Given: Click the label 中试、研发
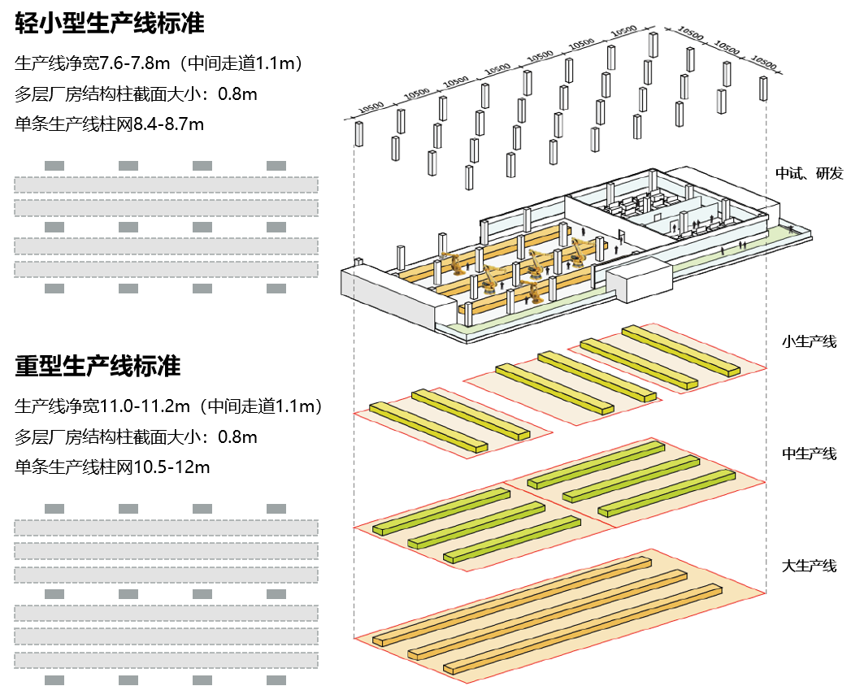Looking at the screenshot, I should click(809, 173).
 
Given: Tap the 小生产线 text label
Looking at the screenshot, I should click(809, 341).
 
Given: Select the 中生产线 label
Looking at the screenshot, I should click(809, 454).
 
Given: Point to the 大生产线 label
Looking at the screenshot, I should click(809, 566).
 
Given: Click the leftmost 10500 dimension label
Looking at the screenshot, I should click(371, 106).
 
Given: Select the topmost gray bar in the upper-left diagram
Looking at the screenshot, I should click(166, 185).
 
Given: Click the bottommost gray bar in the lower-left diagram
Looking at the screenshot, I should click(166, 660).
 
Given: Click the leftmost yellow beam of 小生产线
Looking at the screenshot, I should click(428, 427).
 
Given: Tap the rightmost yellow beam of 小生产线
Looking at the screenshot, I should click(680, 350).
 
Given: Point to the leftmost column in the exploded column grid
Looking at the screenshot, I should click(358, 133).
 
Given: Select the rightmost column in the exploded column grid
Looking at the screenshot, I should click(763, 88).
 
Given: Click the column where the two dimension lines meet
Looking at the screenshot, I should click(653, 45).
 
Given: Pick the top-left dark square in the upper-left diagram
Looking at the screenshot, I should click(54, 166).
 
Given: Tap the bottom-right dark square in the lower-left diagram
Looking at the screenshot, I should click(276, 679).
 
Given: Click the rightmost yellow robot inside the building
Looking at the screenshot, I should click(580, 251).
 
